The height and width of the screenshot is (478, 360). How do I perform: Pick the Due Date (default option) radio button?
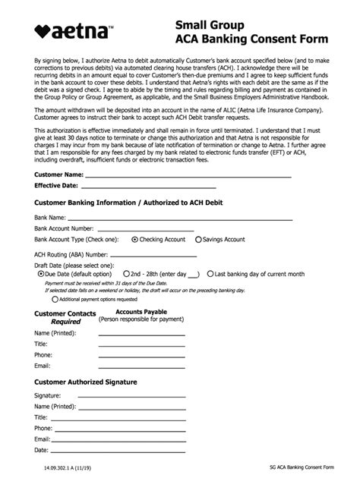pyautogui.click(x=41, y=274)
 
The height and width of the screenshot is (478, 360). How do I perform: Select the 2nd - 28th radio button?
pyautogui.click(x=125, y=274)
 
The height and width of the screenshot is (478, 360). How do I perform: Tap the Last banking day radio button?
pyautogui.click(x=210, y=274)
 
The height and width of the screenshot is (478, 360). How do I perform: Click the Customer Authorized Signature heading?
pyautogui.click(x=86, y=382)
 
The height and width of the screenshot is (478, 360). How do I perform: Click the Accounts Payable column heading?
pyautogui.click(x=141, y=312)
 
